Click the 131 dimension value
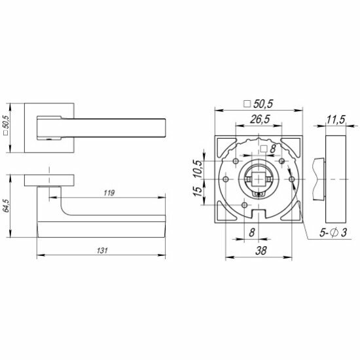tap(102, 250)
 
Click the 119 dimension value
tap(109, 193)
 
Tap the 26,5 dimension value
tap(260, 119)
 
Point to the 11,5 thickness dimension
tap(336, 120)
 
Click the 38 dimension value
tap(261, 251)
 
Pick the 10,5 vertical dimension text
tap(198, 169)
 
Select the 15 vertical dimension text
tap(198, 191)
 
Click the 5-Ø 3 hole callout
tap(333, 232)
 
